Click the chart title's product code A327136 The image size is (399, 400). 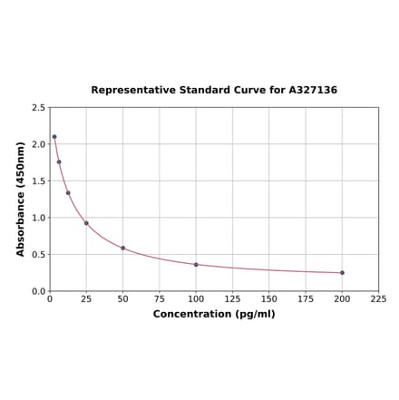click(313, 90)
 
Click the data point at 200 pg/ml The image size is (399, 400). click(342, 272)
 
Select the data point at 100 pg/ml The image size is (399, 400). click(196, 264)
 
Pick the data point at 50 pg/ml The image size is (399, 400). click(123, 248)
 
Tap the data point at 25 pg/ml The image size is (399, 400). click(86, 223)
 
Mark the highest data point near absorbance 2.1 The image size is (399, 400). click(54, 137)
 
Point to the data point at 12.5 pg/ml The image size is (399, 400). click(68, 192)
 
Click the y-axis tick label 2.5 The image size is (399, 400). click(39, 108)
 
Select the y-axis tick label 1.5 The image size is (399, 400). click(39, 181)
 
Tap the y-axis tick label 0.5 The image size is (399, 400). click(39, 255)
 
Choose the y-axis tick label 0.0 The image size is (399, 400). click(39, 291)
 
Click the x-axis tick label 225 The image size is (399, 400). click(378, 299)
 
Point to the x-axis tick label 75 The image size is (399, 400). click(160, 299)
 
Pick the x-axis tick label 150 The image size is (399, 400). click(268, 299)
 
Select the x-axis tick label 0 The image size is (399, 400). click(50, 299)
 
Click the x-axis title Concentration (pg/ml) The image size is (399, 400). click(214, 314)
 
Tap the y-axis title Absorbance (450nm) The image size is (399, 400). click(21, 199)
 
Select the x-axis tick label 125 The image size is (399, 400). click(232, 299)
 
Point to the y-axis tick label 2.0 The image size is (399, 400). click(39, 144)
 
